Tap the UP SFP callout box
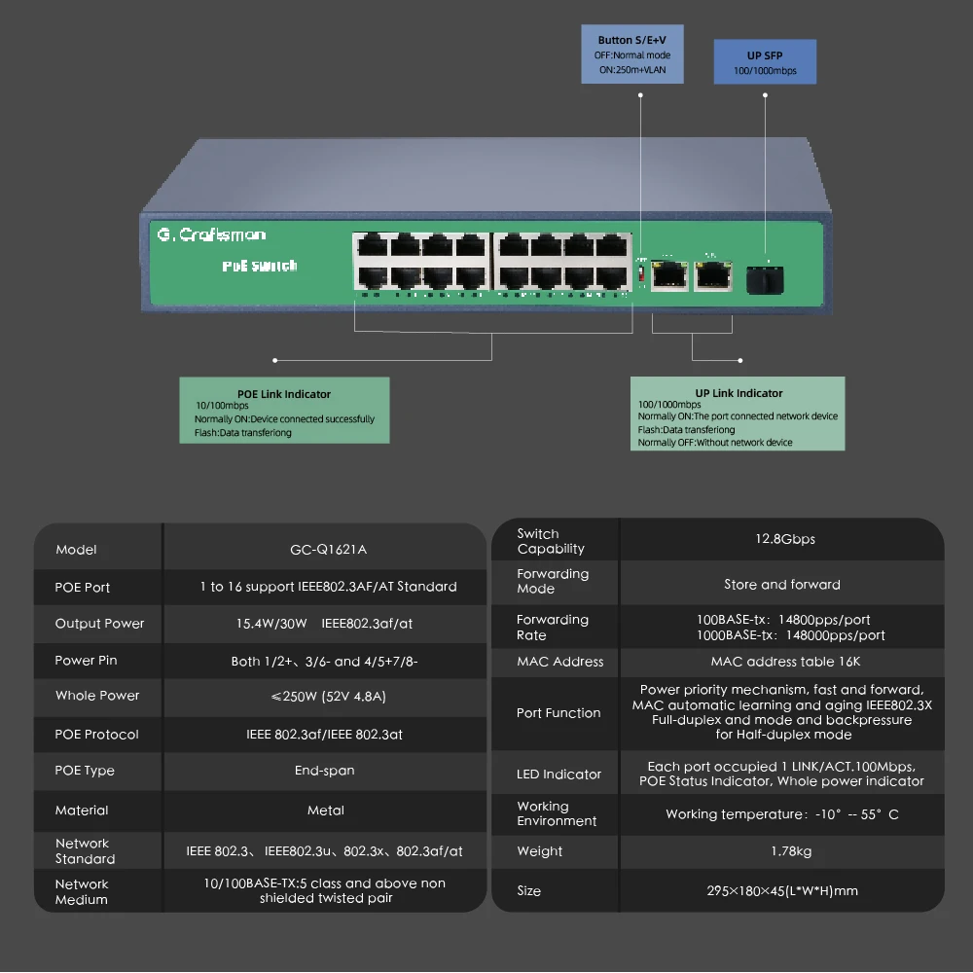765,62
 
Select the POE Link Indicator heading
284,394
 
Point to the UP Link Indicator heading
739,393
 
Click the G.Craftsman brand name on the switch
211,234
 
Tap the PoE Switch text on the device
259,266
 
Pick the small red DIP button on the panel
640,276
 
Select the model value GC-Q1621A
328,550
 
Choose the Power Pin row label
86,661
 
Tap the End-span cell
324,771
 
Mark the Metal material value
326,811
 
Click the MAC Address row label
559,662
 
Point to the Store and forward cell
782,585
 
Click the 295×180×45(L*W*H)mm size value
782,891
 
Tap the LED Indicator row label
559,775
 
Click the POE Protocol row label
96,735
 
